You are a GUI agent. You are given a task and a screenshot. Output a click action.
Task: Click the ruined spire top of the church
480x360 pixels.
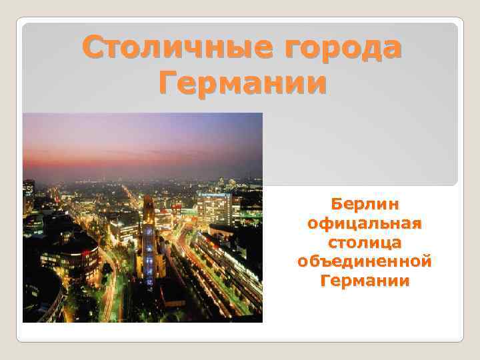pos(148,203)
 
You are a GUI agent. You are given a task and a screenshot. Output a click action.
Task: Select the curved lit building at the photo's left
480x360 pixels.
pos(70,257)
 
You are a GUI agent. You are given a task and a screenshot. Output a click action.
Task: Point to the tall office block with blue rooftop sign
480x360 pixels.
pos(214,207)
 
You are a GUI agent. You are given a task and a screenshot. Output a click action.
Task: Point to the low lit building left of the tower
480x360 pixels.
pos(124,230)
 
